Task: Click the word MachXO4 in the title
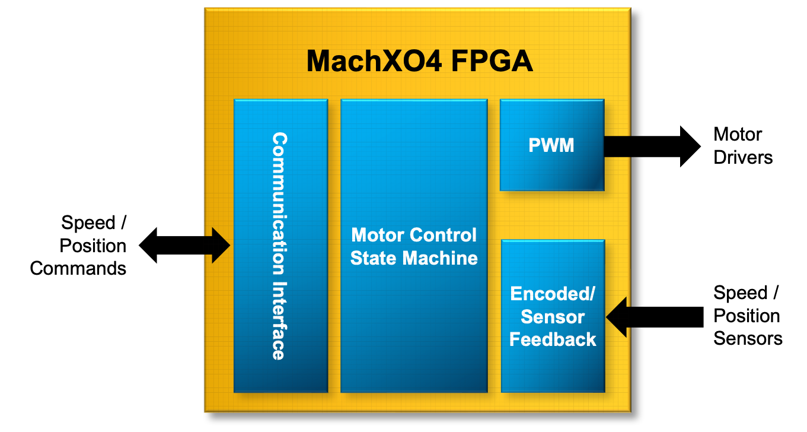point(374,61)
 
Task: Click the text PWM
point(552,145)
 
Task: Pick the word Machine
point(440,258)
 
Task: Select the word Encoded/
point(553,294)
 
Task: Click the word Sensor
point(553,316)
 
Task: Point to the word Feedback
point(553,339)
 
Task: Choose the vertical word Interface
point(279,320)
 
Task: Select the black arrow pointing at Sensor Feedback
point(617,317)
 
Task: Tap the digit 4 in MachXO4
point(432,61)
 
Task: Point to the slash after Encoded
point(592,294)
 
